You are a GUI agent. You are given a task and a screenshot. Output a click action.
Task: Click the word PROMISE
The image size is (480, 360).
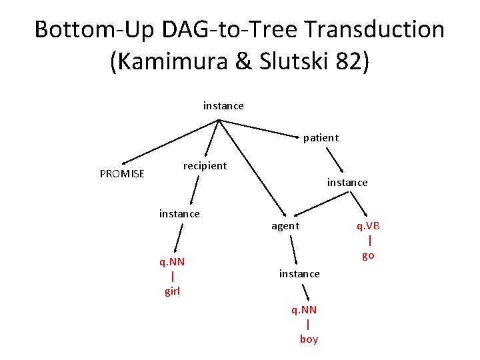pyautogui.click(x=122, y=174)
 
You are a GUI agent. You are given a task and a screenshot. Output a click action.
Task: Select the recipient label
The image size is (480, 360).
pyautogui.click(x=205, y=165)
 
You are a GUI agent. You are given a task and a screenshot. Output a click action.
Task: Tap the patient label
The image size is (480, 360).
pyautogui.click(x=321, y=138)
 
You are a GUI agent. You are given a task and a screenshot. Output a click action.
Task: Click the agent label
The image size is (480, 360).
pyautogui.click(x=285, y=226)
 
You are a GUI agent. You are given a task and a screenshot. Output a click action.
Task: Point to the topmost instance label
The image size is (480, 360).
pyautogui.click(x=223, y=105)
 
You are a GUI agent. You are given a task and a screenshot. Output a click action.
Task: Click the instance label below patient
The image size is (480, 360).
pyautogui.click(x=347, y=182)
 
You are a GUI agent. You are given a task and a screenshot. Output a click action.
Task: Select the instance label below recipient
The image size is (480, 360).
pyautogui.click(x=179, y=213)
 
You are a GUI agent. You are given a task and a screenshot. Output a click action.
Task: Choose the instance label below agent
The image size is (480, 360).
pyautogui.click(x=299, y=273)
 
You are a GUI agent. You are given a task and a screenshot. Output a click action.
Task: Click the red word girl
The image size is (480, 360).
pyautogui.click(x=172, y=291)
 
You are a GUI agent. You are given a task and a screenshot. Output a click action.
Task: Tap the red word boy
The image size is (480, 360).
pyautogui.click(x=309, y=339)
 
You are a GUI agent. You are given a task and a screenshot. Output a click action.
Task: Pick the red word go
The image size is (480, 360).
pyautogui.click(x=368, y=255)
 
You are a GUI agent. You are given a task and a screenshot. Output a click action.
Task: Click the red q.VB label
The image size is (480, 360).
pyautogui.click(x=368, y=225)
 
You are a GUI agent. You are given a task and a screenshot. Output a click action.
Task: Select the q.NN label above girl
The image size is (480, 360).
pyautogui.click(x=172, y=261)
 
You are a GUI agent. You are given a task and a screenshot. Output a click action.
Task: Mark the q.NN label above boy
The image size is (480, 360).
pyautogui.click(x=304, y=309)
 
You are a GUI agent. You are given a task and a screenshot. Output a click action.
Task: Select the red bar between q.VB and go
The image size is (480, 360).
pyautogui.click(x=370, y=241)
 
